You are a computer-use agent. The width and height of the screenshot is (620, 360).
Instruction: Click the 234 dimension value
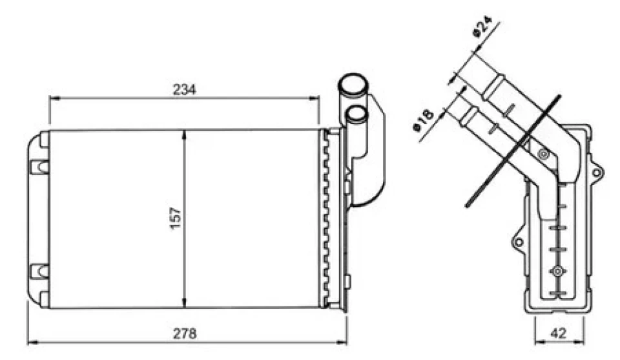(184, 90)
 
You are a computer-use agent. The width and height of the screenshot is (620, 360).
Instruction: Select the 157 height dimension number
(175, 218)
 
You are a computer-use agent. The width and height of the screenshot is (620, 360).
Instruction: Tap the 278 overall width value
(184, 334)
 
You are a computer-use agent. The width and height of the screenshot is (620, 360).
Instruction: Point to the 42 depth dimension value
(558, 333)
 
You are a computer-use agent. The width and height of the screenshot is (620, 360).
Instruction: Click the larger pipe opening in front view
(353, 84)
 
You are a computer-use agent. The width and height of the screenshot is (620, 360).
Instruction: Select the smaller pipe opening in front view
(356, 114)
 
